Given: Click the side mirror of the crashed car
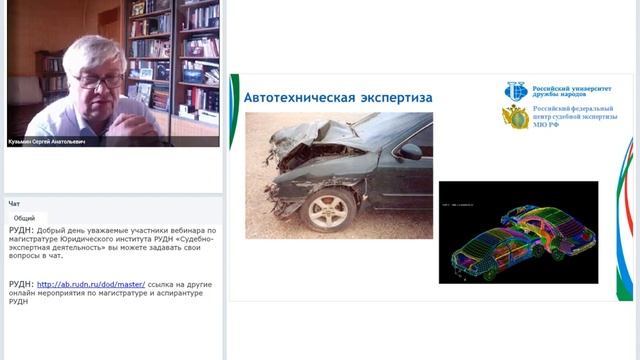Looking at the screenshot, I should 410,152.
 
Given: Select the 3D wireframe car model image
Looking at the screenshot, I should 518,232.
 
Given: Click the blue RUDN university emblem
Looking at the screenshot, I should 515,91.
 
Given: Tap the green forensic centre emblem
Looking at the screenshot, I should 515,117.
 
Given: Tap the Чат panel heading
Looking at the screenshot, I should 14,203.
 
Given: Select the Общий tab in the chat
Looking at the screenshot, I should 24,218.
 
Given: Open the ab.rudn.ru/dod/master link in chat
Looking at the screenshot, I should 91,284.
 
